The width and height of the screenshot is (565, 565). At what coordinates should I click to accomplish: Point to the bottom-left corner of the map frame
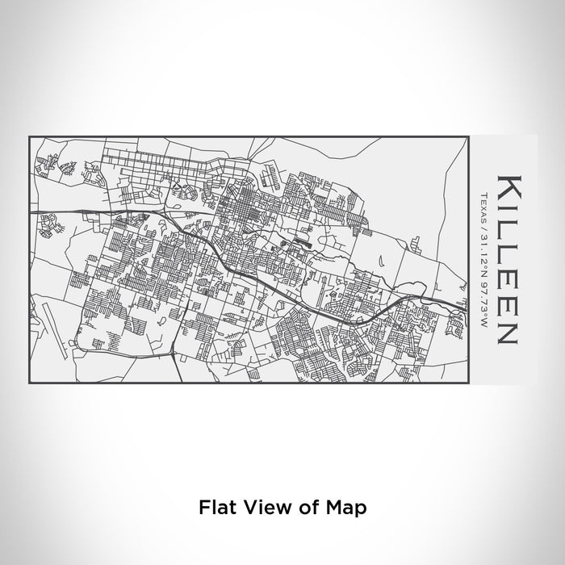pos(29,383)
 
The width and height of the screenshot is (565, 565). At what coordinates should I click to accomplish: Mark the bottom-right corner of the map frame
pos(469,383)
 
